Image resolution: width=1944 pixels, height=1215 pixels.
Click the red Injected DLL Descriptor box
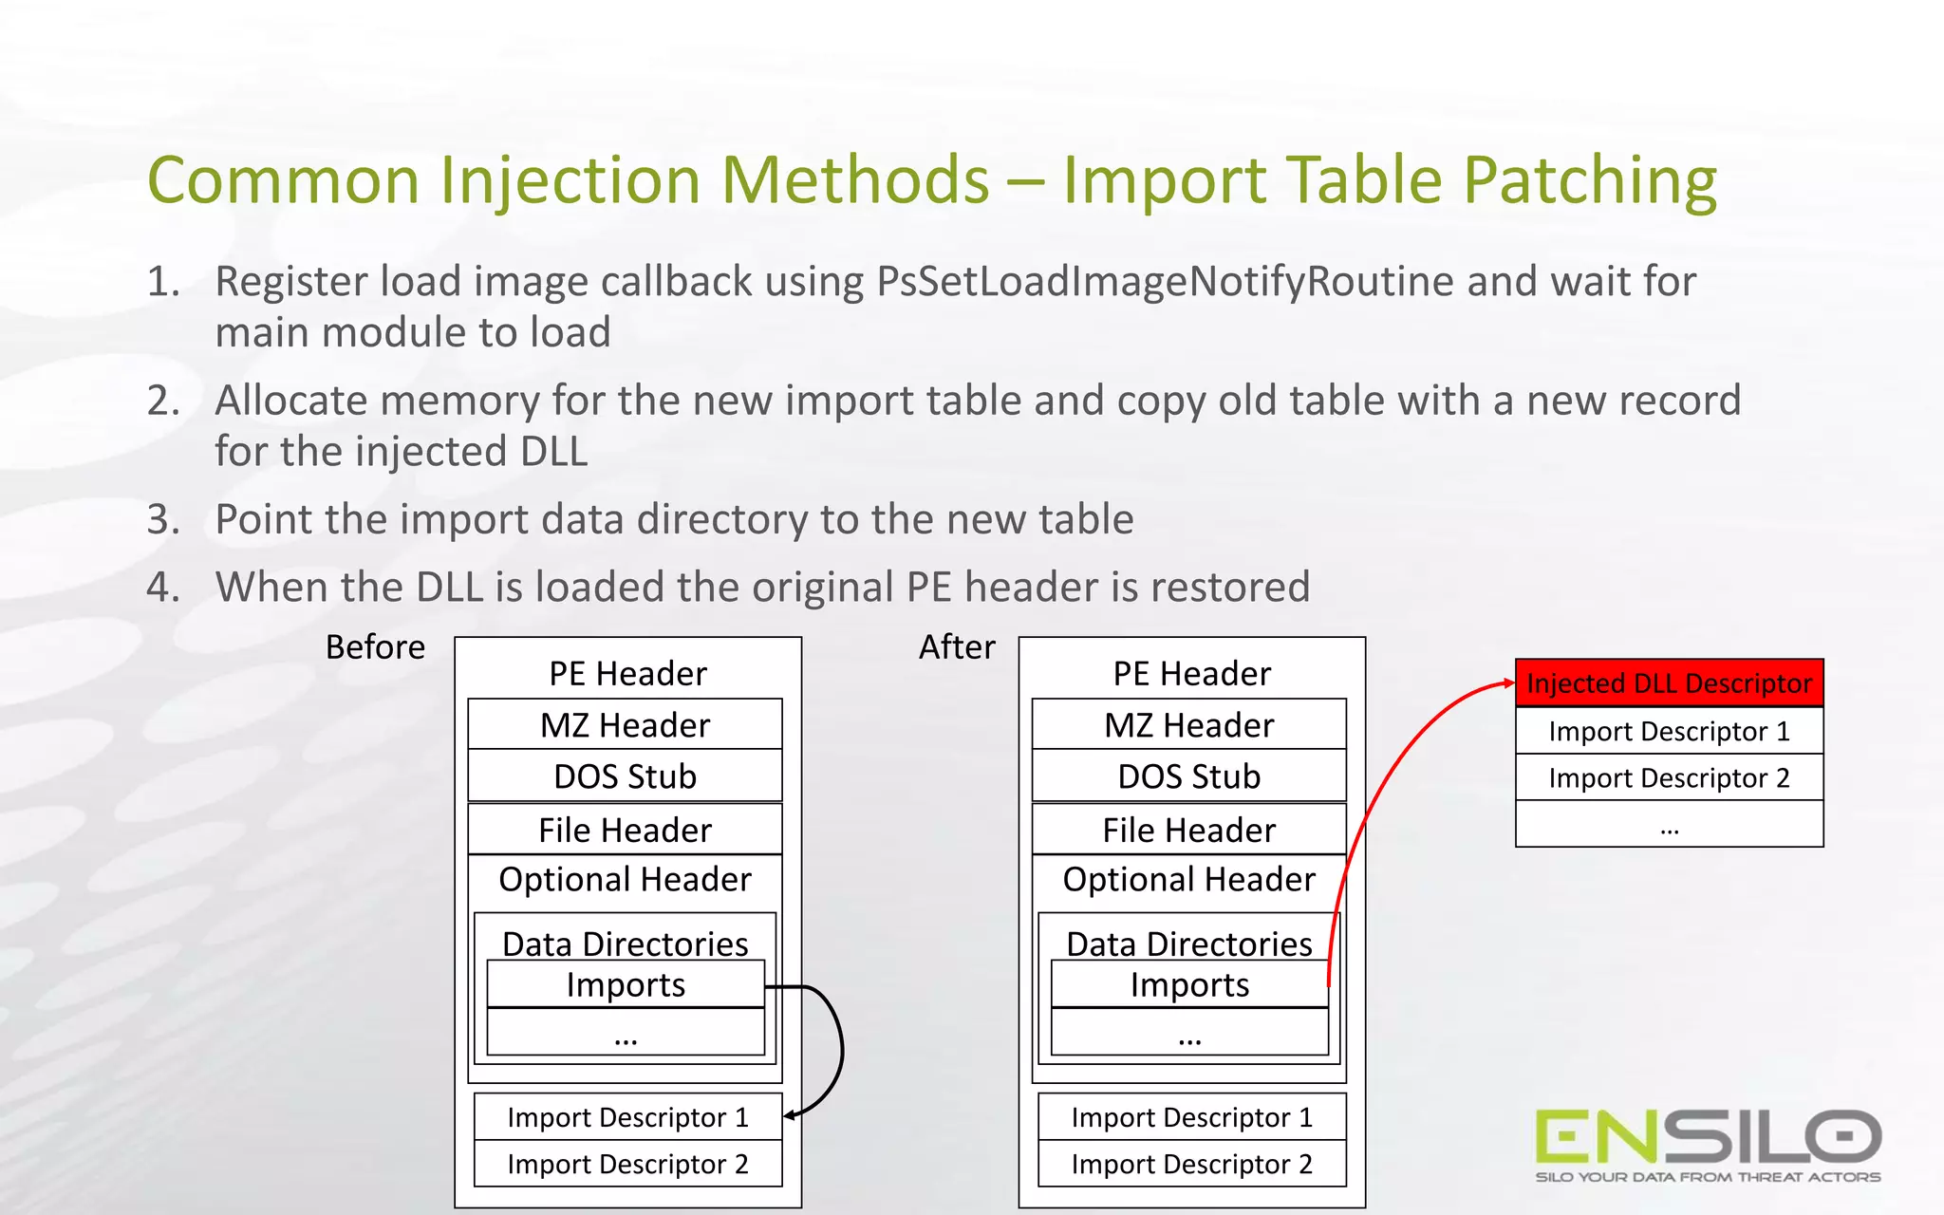click(1669, 683)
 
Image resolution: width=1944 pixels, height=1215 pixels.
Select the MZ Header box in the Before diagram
click(625, 725)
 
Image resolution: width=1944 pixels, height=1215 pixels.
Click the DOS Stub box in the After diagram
click(1188, 776)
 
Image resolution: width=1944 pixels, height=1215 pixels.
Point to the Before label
click(375, 647)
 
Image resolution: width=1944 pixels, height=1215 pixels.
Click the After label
click(957, 647)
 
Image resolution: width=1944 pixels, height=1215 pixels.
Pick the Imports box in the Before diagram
click(626, 985)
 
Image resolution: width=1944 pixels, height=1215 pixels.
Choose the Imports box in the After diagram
click(1189, 985)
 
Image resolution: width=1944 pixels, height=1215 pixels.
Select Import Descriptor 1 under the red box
click(1669, 731)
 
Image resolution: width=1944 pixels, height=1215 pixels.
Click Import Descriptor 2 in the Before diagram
click(627, 1164)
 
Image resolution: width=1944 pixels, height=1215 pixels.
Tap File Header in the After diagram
click(1188, 830)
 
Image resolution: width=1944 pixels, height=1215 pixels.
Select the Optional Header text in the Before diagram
click(625, 880)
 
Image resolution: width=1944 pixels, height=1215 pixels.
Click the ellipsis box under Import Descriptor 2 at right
click(1669, 824)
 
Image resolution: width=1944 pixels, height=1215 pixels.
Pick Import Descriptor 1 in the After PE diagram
click(1191, 1117)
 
